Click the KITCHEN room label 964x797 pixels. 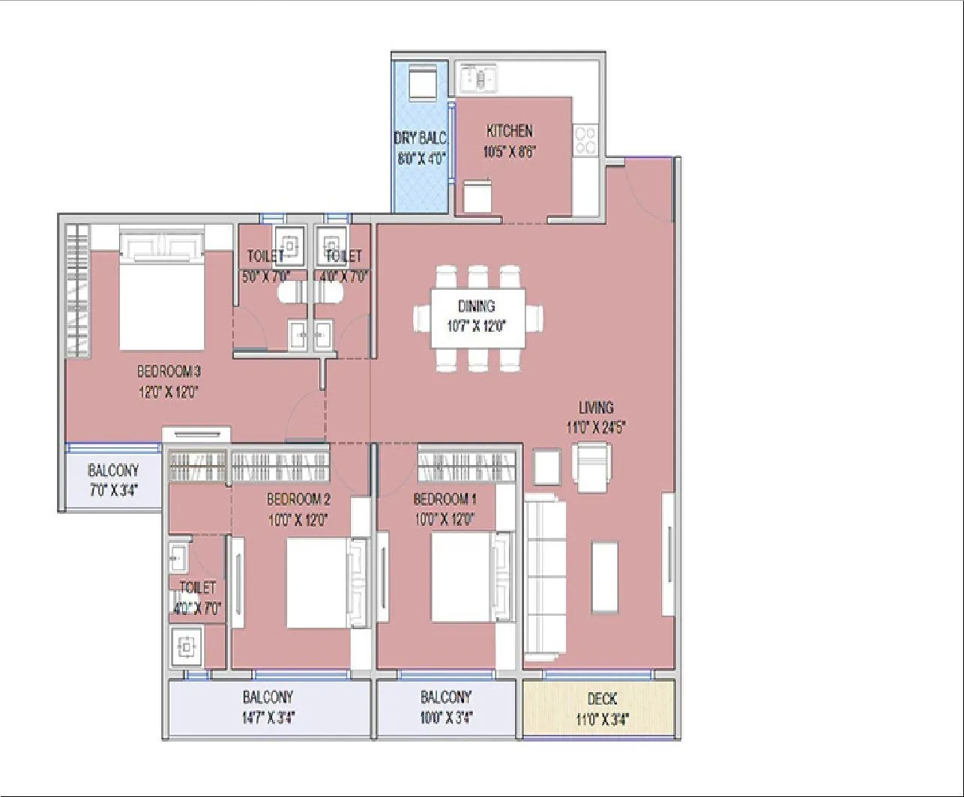click(509, 130)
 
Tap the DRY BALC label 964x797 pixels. click(420, 139)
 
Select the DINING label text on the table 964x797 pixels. click(477, 306)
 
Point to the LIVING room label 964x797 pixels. click(596, 408)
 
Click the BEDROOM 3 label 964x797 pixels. click(169, 372)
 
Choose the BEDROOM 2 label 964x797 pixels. click(298, 500)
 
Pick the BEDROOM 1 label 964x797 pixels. click(445, 500)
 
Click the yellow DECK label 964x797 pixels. click(602, 699)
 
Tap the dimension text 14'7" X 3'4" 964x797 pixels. click(268, 716)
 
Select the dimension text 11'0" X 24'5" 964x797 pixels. click(596, 428)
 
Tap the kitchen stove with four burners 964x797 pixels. click(585, 140)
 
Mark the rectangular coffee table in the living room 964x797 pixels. click(605, 578)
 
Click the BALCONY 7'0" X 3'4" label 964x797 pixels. click(112, 480)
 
